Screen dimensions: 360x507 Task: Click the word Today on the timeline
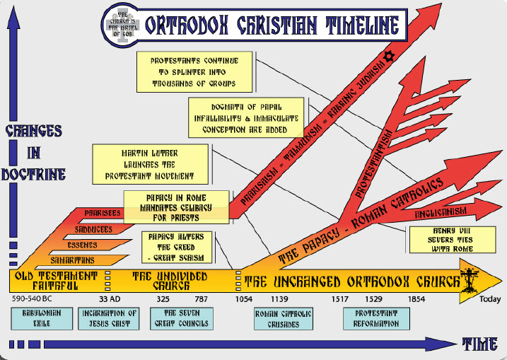490,299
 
